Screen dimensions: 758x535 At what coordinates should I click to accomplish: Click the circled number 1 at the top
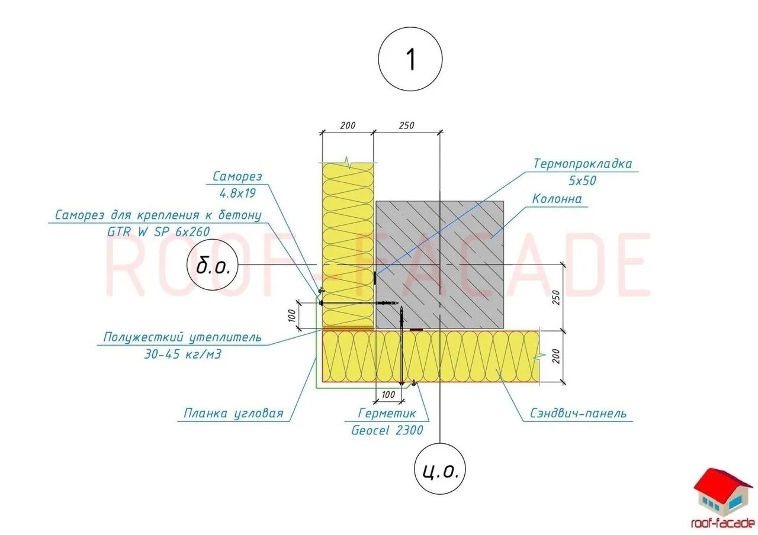click(410, 60)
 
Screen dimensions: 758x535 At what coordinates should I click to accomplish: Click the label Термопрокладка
click(583, 164)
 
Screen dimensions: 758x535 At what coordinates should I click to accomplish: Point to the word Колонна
click(557, 199)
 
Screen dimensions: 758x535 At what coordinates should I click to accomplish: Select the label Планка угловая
click(233, 413)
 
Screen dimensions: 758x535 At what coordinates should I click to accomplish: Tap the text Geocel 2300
click(387, 430)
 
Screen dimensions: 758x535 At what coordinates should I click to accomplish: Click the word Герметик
click(387, 413)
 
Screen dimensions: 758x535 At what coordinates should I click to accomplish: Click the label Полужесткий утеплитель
click(182, 338)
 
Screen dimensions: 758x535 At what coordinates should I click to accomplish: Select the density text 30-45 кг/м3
click(182, 354)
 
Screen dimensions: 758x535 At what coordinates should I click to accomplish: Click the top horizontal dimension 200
click(348, 125)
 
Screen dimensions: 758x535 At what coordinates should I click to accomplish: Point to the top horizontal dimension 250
click(406, 125)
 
